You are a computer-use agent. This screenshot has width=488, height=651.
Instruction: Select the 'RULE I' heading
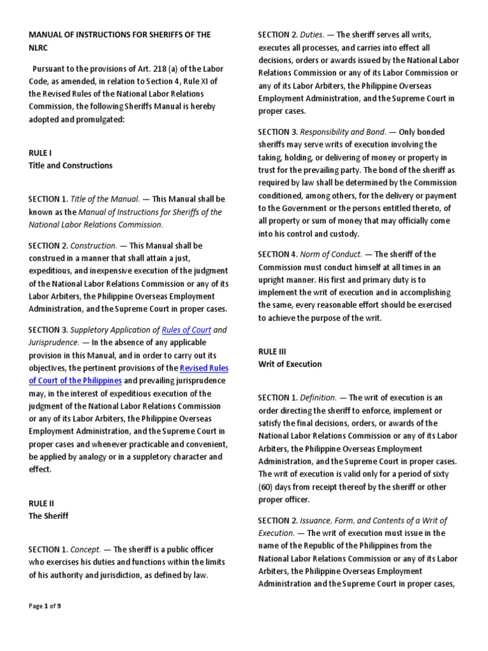tap(39, 153)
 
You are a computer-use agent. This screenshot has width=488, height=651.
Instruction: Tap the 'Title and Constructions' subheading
tap(70, 165)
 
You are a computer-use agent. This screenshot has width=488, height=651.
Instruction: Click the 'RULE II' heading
tap(41, 504)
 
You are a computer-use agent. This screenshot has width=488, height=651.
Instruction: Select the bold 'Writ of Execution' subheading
tap(290, 364)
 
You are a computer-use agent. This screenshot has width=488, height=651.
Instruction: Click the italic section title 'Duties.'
tap(315, 34)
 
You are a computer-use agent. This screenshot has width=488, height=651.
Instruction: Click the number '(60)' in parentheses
tap(266, 487)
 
